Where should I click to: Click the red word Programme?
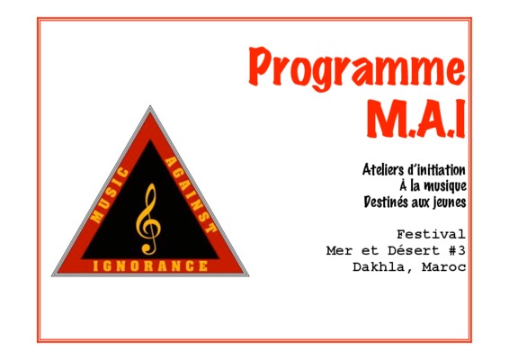[356, 68]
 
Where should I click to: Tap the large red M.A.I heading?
[416, 118]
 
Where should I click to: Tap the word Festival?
[431, 234]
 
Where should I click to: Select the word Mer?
[339, 250]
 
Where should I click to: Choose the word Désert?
[414, 250]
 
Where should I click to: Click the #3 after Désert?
[457, 250]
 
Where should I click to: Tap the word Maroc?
[444, 267]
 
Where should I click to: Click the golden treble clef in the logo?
[148, 219]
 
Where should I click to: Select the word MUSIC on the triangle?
[110, 195]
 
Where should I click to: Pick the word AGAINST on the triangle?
[191, 194]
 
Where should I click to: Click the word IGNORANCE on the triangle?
[150, 266]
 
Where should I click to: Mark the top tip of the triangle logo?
[150, 106]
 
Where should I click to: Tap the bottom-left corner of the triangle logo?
[52, 275]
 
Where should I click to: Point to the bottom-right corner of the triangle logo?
[249, 275]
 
